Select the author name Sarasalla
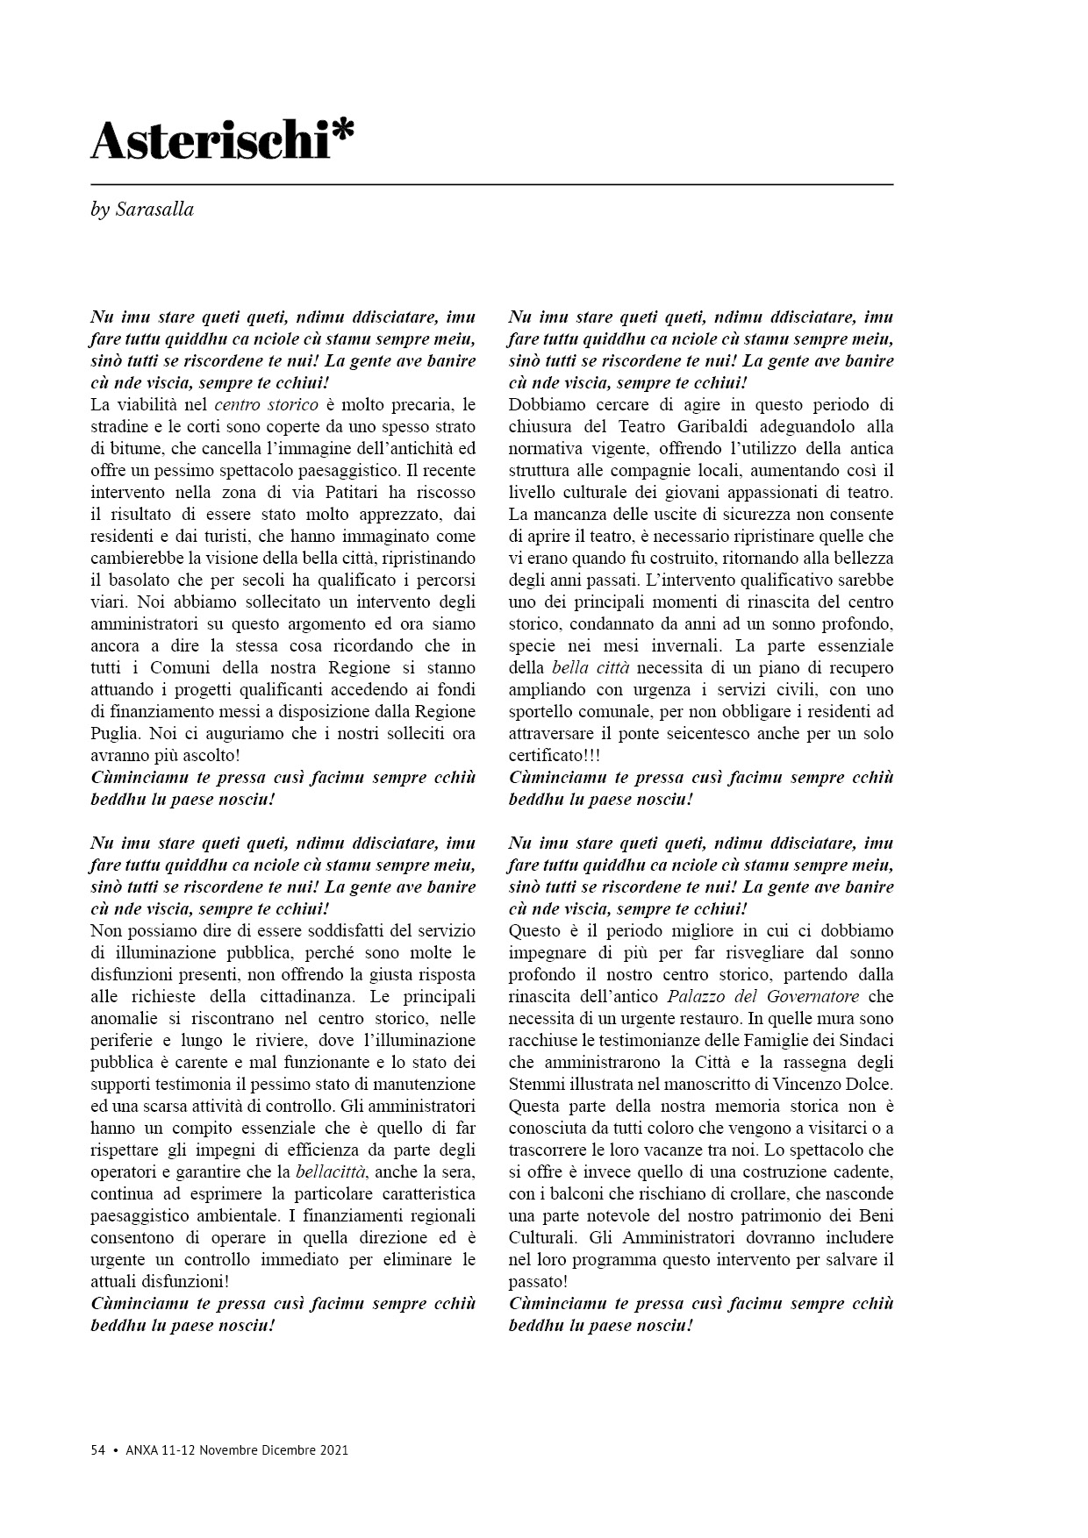(x=154, y=210)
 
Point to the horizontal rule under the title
(x=491, y=185)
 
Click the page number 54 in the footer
(x=98, y=1449)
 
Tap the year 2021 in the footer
(x=333, y=1449)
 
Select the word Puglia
(x=114, y=733)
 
